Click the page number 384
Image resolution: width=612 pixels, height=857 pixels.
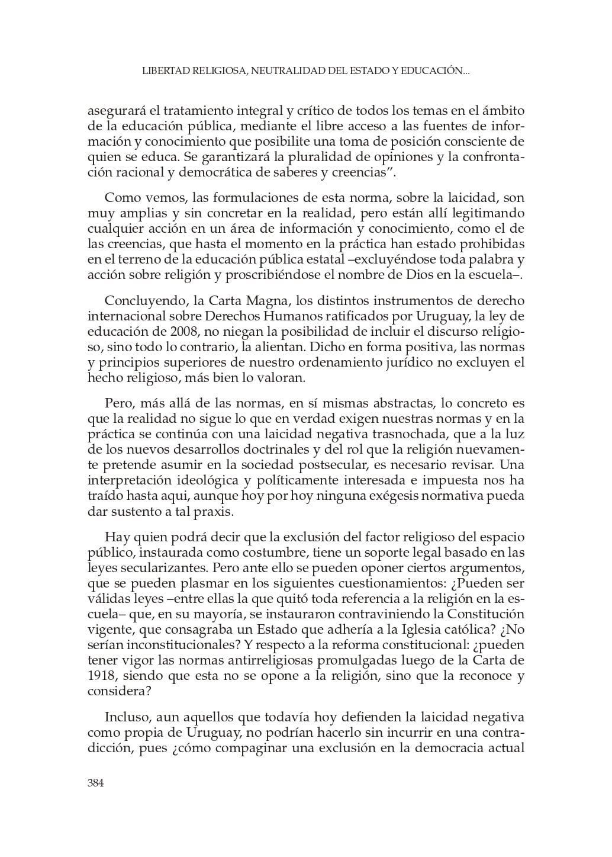(96, 783)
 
